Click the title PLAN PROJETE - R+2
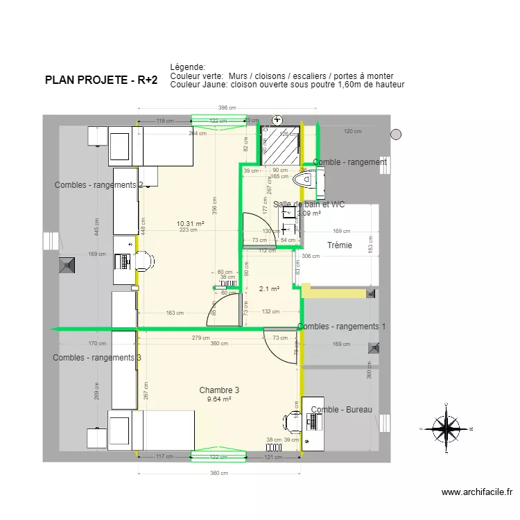click(x=101, y=80)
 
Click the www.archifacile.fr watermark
click(x=477, y=492)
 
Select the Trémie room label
click(x=340, y=245)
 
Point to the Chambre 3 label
click(x=219, y=390)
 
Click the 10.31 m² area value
click(x=190, y=223)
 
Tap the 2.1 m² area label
click(x=269, y=289)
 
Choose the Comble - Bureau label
click(x=341, y=410)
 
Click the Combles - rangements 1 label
click(x=341, y=326)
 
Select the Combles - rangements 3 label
click(x=97, y=358)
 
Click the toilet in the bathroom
click(x=304, y=180)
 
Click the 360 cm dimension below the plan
click(x=219, y=473)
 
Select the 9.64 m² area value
click(x=219, y=399)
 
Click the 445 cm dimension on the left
click(x=96, y=221)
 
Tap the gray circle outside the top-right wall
click(x=396, y=135)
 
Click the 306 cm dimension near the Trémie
click(x=311, y=256)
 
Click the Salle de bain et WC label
click(x=309, y=205)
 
